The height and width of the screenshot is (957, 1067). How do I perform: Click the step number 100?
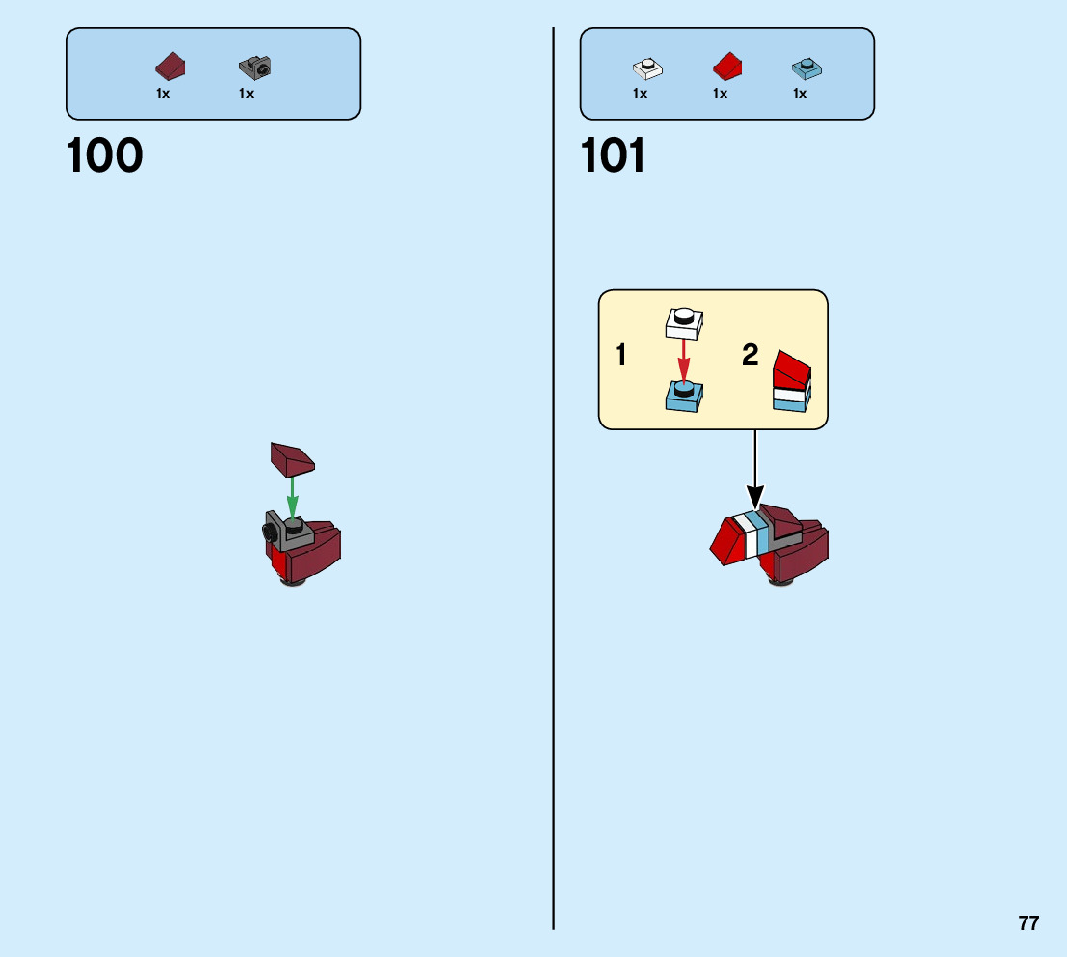tap(104, 155)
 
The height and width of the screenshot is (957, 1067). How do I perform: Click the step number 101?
tap(614, 155)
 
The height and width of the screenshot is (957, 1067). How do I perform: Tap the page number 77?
tap(1028, 923)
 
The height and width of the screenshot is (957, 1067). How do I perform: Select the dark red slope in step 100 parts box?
tap(170, 67)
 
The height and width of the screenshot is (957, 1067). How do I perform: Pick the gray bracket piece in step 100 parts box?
tap(255, 67)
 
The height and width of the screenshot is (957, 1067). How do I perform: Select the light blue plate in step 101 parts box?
tap(806, 68)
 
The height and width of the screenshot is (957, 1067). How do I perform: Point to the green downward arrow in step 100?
tap(293, 497)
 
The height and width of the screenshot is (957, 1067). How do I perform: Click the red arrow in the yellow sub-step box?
tap(683, 361)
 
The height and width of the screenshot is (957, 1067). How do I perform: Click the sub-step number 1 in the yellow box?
tap(621, 356)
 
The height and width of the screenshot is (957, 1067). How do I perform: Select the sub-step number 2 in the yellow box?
tap(751, 355)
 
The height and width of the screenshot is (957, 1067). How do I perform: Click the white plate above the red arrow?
tap(684, 322)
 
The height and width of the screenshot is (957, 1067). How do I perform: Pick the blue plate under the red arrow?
tap(684, 396)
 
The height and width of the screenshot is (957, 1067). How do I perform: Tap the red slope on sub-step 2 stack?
tap(791, 368)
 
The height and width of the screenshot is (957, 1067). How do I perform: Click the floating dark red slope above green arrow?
tap(292, 458)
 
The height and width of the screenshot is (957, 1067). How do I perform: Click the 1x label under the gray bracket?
tap(246, 94)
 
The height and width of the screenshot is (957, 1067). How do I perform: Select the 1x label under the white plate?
tap(640, 94)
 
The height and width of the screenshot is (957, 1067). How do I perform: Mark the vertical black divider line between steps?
tap(554, 482)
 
